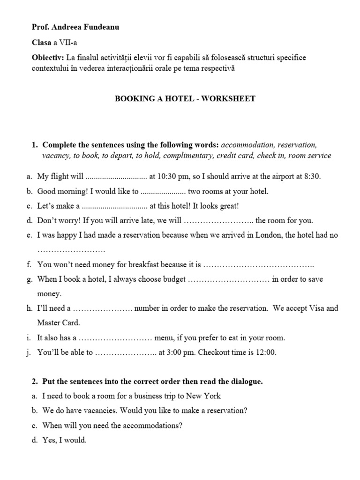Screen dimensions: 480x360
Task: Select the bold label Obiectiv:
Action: pyautogui.click(x=48, y=57)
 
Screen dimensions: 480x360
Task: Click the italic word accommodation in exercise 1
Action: pyautogui.click(x=249, y=144)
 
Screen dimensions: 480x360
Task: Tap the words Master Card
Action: pyautogui.click(x=59, y=323)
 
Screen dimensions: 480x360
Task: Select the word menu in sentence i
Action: pyautogui.click(x=164, y=337)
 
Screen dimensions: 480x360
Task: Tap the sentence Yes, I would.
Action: pyautogui.click(x=64, y=440)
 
